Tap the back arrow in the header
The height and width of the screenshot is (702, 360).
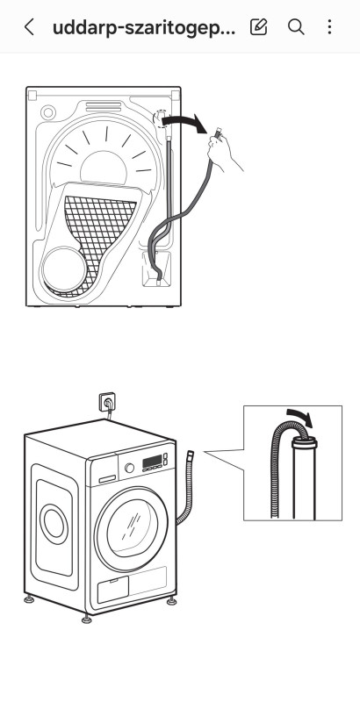(x=29, y=27)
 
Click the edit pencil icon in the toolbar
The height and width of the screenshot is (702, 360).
(x=258, y=27)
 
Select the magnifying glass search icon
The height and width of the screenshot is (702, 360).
(x=296, y=27)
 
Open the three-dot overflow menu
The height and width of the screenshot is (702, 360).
(x=329, y=27)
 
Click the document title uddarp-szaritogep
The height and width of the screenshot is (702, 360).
(x=144, y=28)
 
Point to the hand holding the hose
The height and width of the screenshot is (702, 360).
(x=223, y=151)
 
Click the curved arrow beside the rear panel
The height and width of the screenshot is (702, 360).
(x=184, y=122)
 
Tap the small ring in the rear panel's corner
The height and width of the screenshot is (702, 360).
(x=48, y=112)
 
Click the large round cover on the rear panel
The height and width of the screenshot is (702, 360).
(x=64, y=269)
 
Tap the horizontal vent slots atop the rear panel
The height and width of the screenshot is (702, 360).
(x=104, y=106)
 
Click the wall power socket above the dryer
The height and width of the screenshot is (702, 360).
(x=107, y=402)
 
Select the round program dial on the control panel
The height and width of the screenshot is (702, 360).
(x=129, y=468)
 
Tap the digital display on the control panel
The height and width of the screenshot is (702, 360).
(x=152, y=462)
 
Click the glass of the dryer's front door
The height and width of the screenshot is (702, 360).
(x=132, y=528)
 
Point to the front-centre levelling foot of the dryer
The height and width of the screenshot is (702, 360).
(x=87, y=619)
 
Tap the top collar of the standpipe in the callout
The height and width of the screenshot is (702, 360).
(x=305, y=443)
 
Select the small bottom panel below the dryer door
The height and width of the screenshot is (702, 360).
(x=113, y=589)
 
